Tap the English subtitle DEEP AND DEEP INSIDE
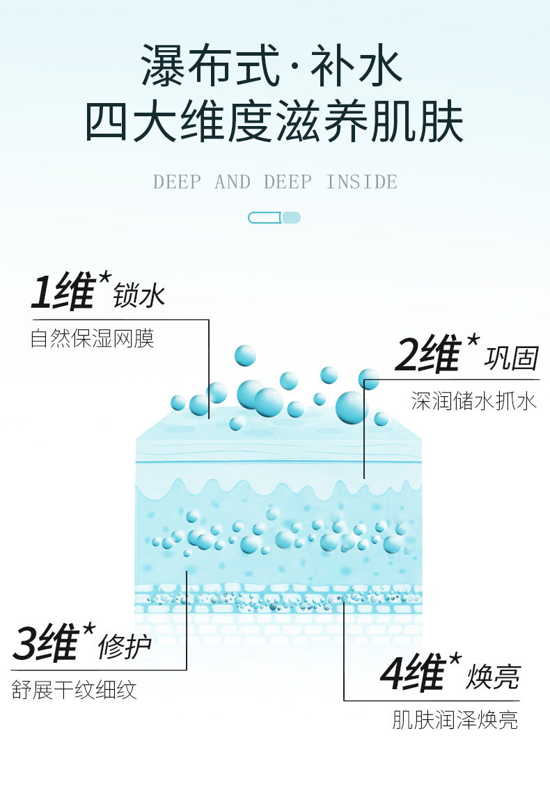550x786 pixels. pos(275,182)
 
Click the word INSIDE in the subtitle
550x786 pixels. pos(362,182)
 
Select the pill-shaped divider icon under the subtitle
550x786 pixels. pos(274,217)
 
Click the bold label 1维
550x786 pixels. pos(63,291)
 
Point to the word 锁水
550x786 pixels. pos(139,295)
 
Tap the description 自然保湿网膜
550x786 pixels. pos(93,338)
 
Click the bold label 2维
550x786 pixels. pos(427,354)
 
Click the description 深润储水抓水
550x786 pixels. pos(474,401)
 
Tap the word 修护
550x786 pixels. pos(125,647)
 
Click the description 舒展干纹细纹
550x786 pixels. pos(74,690)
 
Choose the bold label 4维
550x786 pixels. pos(413,673)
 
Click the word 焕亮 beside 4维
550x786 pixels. pos(494,677)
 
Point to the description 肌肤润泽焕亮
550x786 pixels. pos(455,720)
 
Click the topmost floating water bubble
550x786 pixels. pos(245,356)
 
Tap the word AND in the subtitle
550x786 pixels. pos(233,182)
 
